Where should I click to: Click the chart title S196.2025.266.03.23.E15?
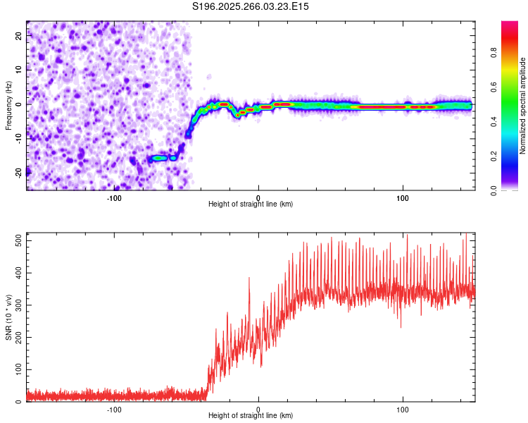(x=251, y=6)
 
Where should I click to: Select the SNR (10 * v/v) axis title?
(x=8, y=317)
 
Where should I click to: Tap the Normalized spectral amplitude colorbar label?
(x=523, y=106)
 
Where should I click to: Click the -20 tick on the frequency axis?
(x=18, y=171)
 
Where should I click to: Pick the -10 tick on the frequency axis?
(x=18, y=137)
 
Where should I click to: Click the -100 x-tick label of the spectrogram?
(x=114, y=198)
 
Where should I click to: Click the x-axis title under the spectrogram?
(x=251, y=204)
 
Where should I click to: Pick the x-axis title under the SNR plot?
(x=251, y=416)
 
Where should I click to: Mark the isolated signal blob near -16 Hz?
(x=162, y=158)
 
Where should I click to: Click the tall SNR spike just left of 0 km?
(x=249, y=279)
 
